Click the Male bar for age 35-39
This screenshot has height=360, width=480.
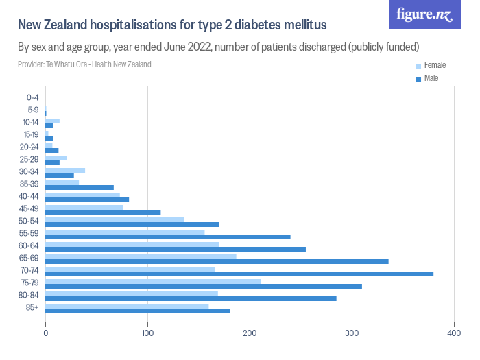point(80,187)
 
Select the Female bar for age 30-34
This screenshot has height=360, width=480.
point(65,170)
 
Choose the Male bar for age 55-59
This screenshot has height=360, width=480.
point(168,237)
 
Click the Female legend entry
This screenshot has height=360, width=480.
point(435,66)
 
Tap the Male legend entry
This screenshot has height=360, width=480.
point(431,79)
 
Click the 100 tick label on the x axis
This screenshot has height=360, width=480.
point(147,334)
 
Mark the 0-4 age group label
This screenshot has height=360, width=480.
point(32,97)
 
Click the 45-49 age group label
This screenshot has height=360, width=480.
point(30,208)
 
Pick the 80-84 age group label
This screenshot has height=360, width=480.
point(30,295)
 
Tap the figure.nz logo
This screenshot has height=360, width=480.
point(424,14)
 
